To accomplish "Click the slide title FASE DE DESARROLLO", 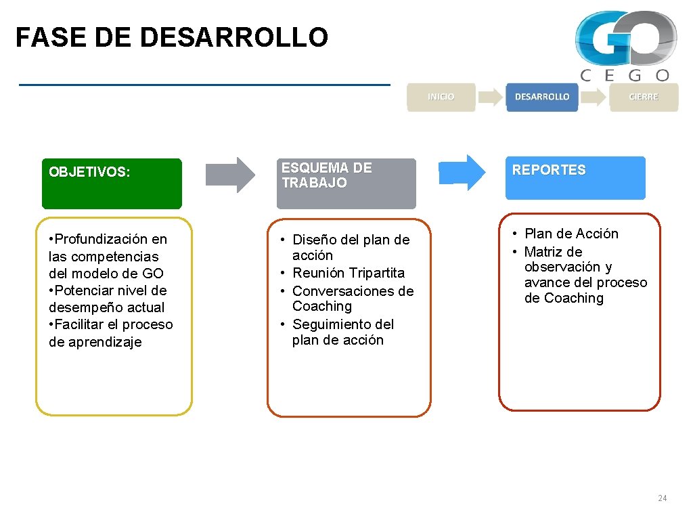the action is click(171, 38).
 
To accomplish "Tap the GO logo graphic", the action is click(625, 38).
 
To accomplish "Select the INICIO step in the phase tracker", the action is click(441, 97).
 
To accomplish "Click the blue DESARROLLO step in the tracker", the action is click(542, 97).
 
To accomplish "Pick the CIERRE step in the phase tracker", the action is click(643, 97).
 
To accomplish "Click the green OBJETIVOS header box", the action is click(112, 183).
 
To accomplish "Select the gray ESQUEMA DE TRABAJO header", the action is click(346, 183).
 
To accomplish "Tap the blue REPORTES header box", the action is click(575, 177).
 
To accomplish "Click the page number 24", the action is click(662, 498).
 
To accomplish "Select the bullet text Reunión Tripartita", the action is click(348, 273).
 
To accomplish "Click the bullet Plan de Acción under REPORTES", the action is click(571, 234).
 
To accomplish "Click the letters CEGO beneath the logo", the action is click(625, 76).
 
